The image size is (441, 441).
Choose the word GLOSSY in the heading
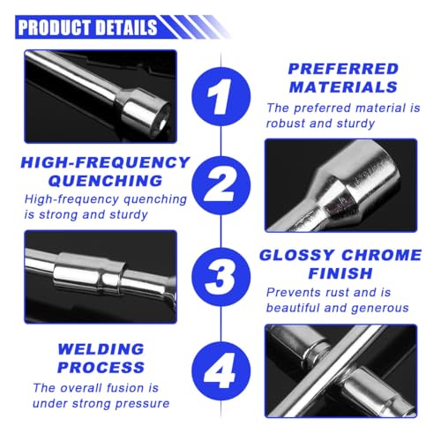(x=299, y=256)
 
